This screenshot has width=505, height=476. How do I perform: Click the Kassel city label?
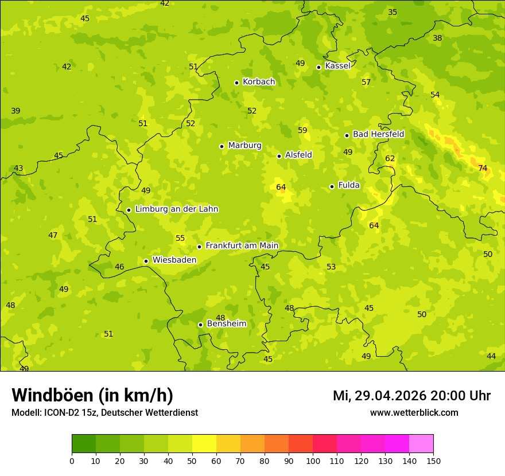(x=337, y=66)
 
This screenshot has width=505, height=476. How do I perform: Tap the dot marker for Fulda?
(x=332, y=186)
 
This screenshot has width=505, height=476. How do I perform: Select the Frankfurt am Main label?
(x=242, y=245)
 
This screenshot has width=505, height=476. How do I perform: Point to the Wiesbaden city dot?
(x=146, y=261)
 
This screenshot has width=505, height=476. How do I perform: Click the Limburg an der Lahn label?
(x=177, y=209)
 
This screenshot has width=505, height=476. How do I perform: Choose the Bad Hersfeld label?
(x=378, y=134)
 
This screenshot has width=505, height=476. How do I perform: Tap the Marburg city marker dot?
(x=222, y=146)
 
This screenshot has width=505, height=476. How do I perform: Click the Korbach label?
(x=259, y=81)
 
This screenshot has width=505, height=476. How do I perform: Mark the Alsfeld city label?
(x=298, y=155)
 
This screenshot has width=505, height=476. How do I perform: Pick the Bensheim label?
(x=226, y=323)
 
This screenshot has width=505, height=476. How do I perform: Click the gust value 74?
(x=483, y=168)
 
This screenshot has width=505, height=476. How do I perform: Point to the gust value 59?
(x=302, y=130)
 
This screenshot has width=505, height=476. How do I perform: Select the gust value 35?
(x=393, y=12)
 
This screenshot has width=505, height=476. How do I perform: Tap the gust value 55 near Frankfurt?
(x=180, y=238)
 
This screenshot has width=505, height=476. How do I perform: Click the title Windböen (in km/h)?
(x=92, y=395)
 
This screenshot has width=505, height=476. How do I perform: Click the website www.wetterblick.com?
(x=414, y=412)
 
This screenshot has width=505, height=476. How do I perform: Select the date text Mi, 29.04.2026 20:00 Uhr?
(x=411, y=396)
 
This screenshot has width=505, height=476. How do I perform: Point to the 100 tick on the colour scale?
(x=313, y=461)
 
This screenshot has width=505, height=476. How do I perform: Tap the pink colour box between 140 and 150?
(x=421, y=444)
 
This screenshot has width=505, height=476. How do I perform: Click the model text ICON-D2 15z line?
(x=104, y=412)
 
